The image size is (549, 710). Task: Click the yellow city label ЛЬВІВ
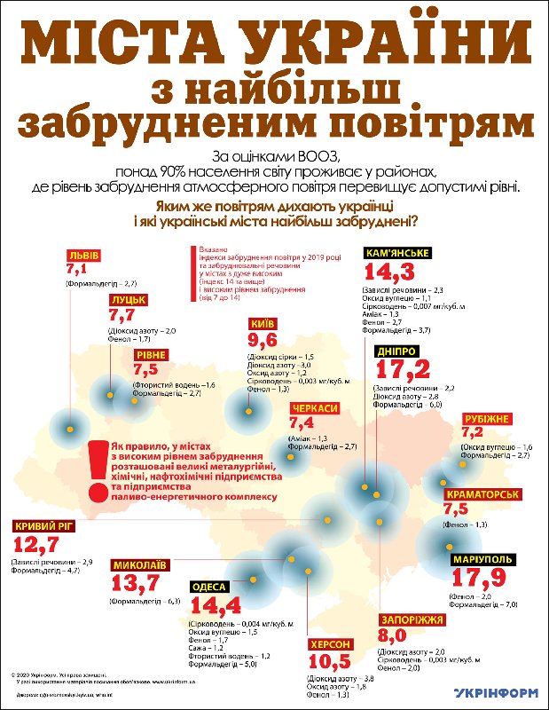click(x=83, y=256)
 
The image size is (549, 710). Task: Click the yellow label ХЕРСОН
click(x=332, y=644)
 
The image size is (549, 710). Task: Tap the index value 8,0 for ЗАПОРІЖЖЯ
click(x=394, y=635)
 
